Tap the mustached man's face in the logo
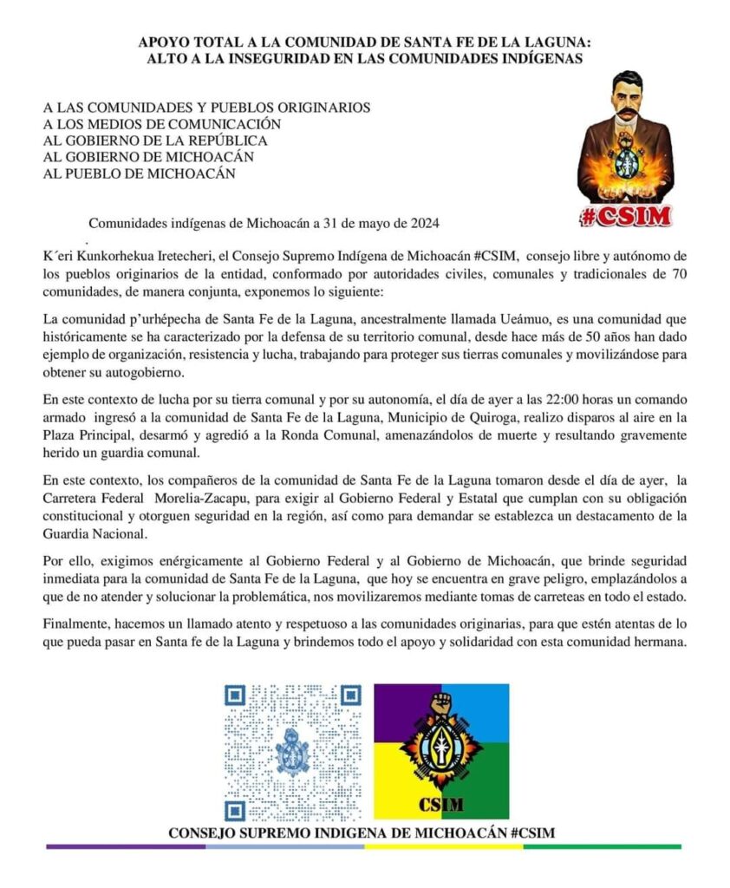[x=627, y=101]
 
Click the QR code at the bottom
[x=293, y=753]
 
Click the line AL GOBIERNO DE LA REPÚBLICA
[x=155, y=140]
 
